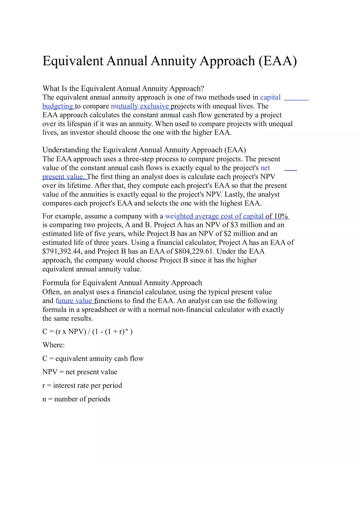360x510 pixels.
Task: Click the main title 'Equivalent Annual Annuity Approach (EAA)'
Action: click(x=169, y=61)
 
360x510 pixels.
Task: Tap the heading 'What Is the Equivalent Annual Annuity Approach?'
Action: click(x=123, y=88)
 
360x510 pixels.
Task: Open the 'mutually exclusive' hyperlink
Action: click(x=140, y=106)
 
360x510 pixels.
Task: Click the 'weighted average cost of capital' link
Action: click(x=214, y=216)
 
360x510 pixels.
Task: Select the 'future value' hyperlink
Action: click(x=74, y=301)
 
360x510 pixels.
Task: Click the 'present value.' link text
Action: click(x=63, y=177)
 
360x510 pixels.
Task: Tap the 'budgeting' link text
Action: click(x=57, y=106)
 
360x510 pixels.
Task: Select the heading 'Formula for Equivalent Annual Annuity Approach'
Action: click(x=122, y=283)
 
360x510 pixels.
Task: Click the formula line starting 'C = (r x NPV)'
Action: click(x=87, y=331)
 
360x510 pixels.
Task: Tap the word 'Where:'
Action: click(x=54, y=345)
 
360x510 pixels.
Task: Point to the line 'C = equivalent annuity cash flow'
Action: click(x=93, y=359)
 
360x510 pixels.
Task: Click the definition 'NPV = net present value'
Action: click(x=80, y=372)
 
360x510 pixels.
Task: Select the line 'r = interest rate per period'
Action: click(x=82, y=385)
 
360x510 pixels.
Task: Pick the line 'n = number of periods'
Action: click(x=76, y=399)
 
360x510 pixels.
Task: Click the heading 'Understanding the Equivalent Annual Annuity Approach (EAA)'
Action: click(x=144, y=150)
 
